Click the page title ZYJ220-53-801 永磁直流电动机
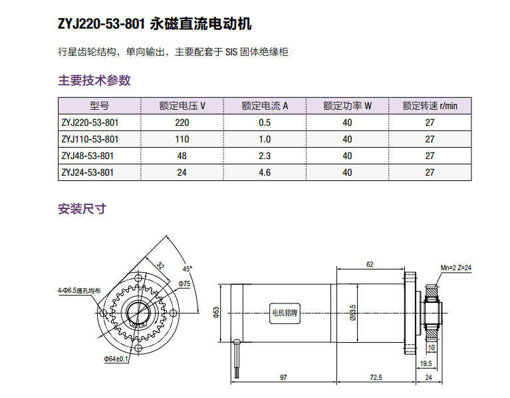click(155, 25)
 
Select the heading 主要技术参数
click(94, 81)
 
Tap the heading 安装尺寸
click(82, 209)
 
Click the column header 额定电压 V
click(182, 106)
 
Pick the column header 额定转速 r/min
click(430, 106)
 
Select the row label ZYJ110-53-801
click(90, 139)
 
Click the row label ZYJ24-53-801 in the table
click(87, 172)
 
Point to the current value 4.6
click(265, 172)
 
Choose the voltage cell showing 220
click(182, 122)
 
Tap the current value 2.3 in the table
click(265, 156)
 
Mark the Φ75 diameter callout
click(184, 284)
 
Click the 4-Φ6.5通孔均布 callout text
click(78, 291)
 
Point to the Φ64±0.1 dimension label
click(115, 359)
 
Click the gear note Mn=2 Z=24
click(456, 267)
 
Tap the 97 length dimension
click(283, 377)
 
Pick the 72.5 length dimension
click(376, 377)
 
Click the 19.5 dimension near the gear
click(425, 363)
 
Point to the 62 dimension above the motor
click(370, 264)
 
